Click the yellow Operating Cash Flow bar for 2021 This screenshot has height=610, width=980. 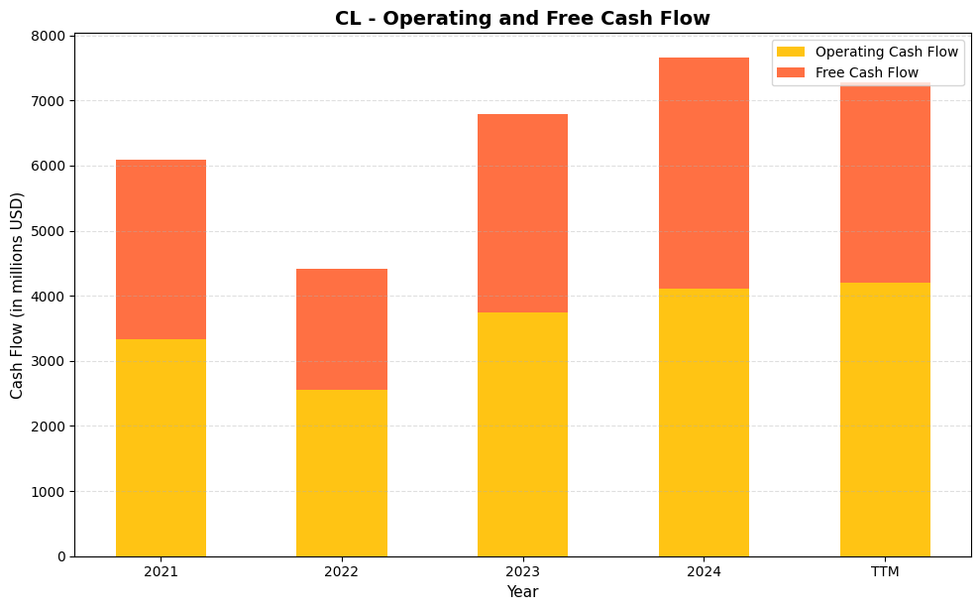tap(161, 447)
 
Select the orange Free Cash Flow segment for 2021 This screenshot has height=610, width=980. tap(161, 249)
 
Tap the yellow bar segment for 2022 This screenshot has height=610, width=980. tap(342, 473)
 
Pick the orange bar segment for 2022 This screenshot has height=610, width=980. tap(342, 329)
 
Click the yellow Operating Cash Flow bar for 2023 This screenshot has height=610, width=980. tap(522, 434)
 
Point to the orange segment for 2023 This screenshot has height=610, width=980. tap(522, 213)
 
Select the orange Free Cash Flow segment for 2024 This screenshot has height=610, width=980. tap(704, 174)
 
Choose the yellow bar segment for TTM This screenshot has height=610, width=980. tap(885, 420)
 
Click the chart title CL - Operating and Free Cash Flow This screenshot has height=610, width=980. tap(522, 18)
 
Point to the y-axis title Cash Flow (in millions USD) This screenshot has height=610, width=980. tap(17, 296)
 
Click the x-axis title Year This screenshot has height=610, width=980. tap(522, 592)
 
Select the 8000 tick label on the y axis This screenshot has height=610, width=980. tap(50, 36)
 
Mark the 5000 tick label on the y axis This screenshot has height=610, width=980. tap(50, 231)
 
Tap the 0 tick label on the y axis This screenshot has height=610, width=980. tap(60, 556)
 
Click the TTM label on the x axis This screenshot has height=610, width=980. tap(885, 572)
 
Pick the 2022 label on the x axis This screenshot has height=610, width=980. tap(342, 572)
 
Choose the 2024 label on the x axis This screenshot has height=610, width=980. tap(704, 572)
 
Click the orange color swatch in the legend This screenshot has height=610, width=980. tap(791, 72)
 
